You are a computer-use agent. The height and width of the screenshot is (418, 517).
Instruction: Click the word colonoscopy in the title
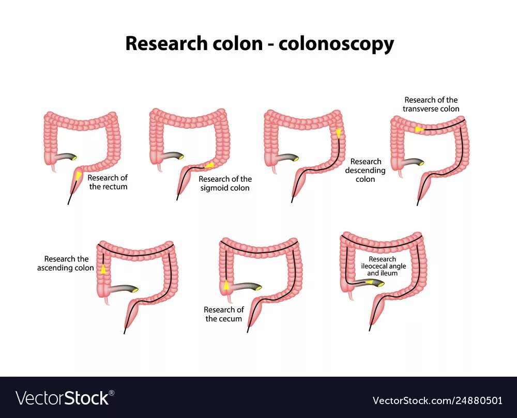[336, 44]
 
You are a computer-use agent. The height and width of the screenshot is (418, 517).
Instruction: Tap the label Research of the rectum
[108, 182]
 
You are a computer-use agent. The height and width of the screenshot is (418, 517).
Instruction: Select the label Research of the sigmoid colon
[225, 183]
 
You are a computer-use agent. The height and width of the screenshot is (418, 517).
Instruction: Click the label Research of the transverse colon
[432, 104]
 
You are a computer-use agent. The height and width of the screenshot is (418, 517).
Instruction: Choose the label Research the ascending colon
[66, 264]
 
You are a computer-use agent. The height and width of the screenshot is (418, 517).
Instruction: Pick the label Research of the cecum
[223, 314]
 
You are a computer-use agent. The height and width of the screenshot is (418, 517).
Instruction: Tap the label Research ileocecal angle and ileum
[383, 266]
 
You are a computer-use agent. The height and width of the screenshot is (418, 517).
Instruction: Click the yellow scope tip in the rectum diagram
[78, 177]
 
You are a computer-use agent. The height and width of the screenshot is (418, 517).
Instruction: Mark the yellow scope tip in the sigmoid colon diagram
[209, 165]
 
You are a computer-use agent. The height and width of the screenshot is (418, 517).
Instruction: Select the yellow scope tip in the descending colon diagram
[338, 133]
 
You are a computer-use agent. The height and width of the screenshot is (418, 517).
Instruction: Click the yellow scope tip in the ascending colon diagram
[103, 269]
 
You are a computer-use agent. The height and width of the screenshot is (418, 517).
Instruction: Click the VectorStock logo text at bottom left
[62, 398]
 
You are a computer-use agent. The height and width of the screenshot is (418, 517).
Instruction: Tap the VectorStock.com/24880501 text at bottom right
[437, 400]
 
